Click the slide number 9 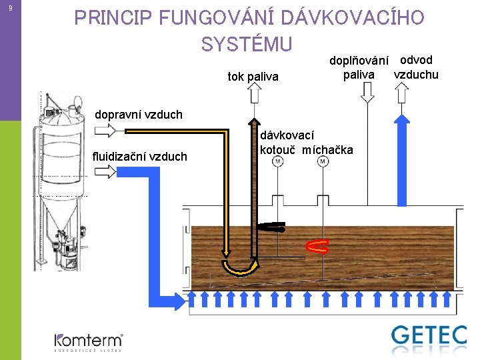9,8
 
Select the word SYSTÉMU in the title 247,44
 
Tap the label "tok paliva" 253,76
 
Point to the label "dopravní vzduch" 138,115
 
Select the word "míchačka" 327,149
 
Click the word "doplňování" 359,61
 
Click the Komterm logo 88,341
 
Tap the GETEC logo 429,335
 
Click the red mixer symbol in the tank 318,247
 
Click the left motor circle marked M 277,161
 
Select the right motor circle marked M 323,161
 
